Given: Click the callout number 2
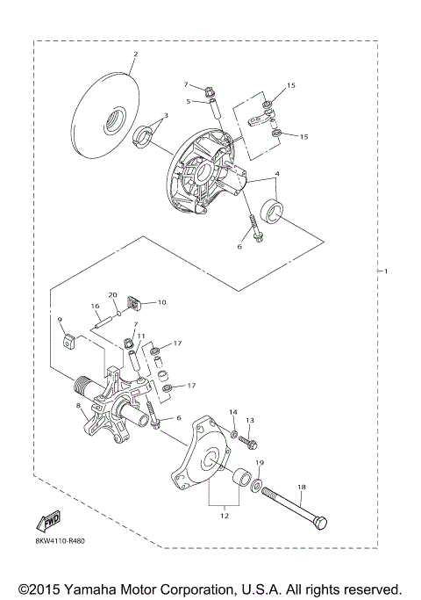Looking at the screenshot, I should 134,54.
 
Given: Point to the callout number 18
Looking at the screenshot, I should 301,486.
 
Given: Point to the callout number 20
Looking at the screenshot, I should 112,294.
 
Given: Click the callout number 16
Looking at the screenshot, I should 95,307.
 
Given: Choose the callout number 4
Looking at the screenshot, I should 278,174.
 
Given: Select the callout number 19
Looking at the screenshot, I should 260,463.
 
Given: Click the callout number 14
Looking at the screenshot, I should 233,412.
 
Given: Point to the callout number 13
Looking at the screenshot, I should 250,421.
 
